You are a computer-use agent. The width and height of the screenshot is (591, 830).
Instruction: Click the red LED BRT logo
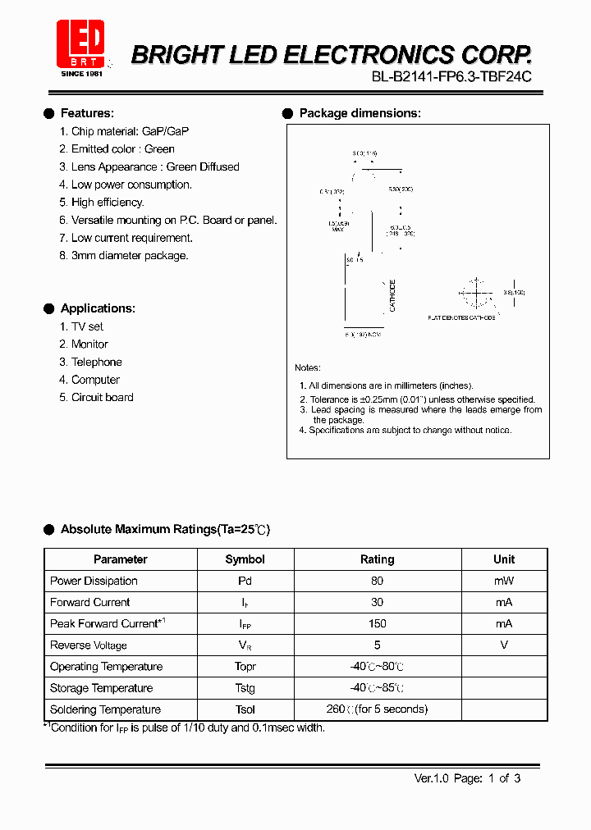point(80,43)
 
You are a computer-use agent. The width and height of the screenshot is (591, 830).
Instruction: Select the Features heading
point(87,113)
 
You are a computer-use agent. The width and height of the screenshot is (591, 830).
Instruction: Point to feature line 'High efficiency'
point(108,202)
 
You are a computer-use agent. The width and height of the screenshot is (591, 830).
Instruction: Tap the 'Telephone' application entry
point(96,362)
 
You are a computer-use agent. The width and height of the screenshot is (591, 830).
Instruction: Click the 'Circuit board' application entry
point(102,397)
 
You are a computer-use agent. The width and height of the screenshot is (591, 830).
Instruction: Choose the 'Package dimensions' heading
point(360,113)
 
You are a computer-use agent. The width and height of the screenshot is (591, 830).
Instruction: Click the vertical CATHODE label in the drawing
point(393,295)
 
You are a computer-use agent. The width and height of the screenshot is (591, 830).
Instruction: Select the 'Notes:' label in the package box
point(308,367)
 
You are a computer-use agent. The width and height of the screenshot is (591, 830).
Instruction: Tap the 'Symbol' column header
point(245,559)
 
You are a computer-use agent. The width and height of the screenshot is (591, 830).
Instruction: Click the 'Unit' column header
point(504,559)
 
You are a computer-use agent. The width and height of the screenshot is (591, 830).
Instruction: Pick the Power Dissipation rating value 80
point(377,581)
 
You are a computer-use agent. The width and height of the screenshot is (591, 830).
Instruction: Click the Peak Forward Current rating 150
point(377,623)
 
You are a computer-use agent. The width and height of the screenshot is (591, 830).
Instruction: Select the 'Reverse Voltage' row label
point(89,645)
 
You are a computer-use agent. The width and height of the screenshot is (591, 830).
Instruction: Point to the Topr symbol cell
point(245,667)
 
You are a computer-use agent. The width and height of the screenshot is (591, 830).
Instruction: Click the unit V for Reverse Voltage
point(504,645)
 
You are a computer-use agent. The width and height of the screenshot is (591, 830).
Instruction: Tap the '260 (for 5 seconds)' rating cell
point(377,709)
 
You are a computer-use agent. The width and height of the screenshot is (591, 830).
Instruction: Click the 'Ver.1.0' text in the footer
point(431,778)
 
